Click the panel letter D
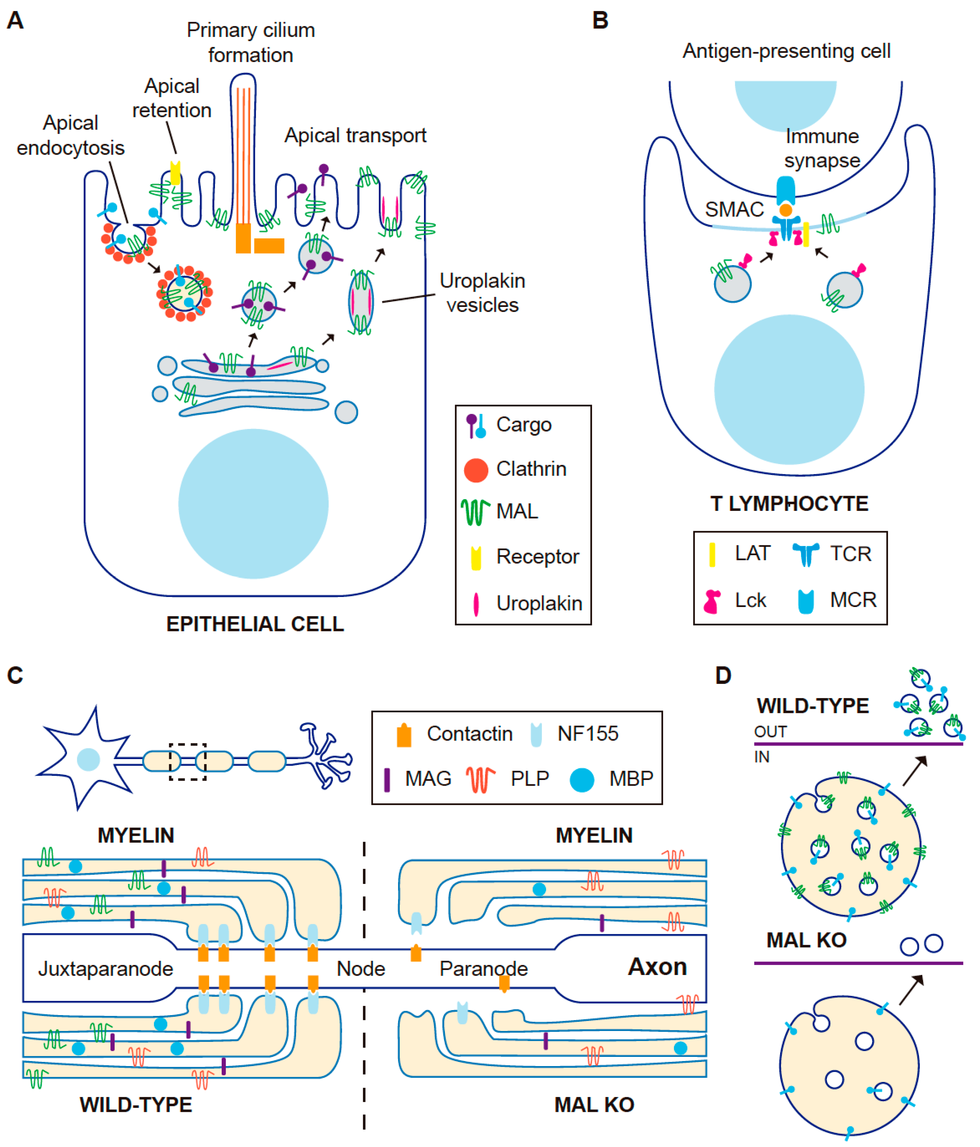pos(723,675)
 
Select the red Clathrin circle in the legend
pos(476,470)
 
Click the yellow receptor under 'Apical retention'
pos(175,173)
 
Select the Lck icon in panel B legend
pos(712,601)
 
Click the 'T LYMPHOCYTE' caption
pos(789,504)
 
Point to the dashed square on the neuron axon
pos(188,762)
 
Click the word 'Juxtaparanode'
pos(105,969)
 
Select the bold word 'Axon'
pos(657,966)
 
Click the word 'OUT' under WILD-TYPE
pos(770,732)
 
